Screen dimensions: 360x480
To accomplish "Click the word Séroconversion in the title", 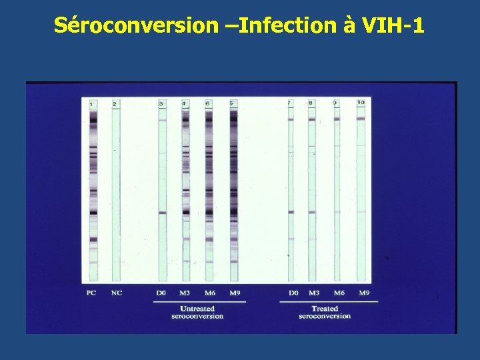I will pyautogui.click(x=136, y=25).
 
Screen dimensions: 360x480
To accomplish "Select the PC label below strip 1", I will pyautogui.click(x=92, y=293).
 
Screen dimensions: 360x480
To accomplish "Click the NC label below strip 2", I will pyautogui.click(x=116, y=293).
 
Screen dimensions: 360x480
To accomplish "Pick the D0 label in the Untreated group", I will pyautogui.click(x=161, y=293).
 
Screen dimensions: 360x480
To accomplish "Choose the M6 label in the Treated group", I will pyautogui.click(x=339, y=293).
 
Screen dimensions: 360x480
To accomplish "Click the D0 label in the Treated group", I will pyautogui.click(x=293, y=293).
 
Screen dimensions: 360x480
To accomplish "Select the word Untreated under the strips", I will pyautogui.click(x=197, y=309).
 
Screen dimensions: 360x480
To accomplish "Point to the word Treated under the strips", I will pyautogui.click(x=325, y=309).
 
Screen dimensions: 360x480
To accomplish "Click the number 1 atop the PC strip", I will pyautogui.click(x=91, y=104).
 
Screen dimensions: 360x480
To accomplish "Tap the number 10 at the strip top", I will pyautogui.click(x=361, y=103).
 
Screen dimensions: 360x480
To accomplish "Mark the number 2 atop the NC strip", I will pyautogui.click(x=115, y=104).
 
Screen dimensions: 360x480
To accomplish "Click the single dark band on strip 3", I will pyautogui.click(x=162, y=213).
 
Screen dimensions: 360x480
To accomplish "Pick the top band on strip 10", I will pyautogui.click(x=361, y=119).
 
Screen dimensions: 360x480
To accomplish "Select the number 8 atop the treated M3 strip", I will pyautogui.click(x=311, y=103).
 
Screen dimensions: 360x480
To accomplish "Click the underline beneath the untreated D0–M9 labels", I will pyautogui.click(x=199, y=301).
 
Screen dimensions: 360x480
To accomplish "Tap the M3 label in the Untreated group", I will pyautogui.click(x=185, y=293).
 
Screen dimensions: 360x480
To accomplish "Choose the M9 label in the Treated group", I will pyautogui.click(x=364, y=293).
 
